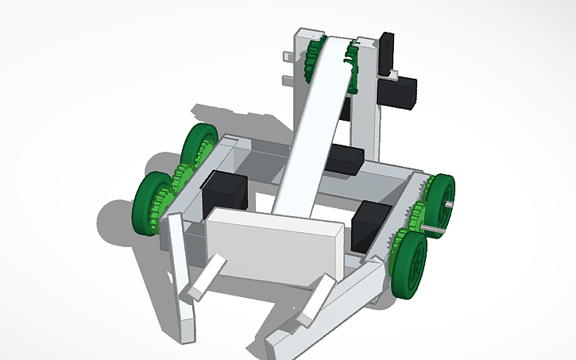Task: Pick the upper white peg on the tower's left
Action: pyautogui.click(x=289, y=56)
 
